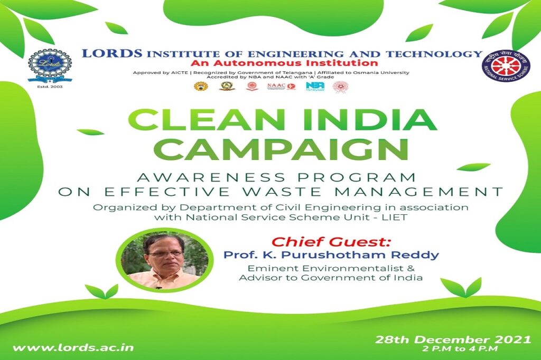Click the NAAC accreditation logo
click(x=281, y=86)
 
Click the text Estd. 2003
click(x=49, y=86)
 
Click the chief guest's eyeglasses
click(x=165, y=254)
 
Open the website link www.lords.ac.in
click(x=73, y=348)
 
